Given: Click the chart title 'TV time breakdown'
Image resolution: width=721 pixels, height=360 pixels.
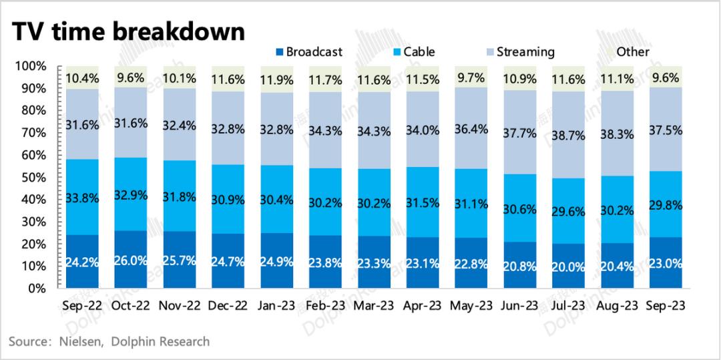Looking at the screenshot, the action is pos(128,33).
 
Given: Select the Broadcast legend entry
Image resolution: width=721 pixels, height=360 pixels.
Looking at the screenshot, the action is pos(308,52).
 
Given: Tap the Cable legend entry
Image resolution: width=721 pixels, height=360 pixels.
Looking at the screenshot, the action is pos(413,52).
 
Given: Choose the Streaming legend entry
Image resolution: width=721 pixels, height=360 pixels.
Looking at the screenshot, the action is pos(520,52).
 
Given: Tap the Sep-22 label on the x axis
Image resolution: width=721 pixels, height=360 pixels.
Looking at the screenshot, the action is pos(82,306).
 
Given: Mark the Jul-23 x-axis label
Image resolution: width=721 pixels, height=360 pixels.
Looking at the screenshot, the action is pos(568,306).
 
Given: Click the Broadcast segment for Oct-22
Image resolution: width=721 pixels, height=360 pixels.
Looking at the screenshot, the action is pos(131,259).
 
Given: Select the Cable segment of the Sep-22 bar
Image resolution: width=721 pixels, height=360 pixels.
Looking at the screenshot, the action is pos(82,197).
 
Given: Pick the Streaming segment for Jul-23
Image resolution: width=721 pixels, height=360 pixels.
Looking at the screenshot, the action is pos(568,135).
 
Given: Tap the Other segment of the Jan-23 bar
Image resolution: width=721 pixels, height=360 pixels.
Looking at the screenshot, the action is pos(277,79).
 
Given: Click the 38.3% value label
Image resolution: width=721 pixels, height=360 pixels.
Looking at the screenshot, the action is pos(617,134).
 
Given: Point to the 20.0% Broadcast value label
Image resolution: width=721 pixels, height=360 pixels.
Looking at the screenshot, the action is pos(568,266).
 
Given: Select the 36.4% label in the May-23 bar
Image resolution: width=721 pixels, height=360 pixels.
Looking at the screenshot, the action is pos(471,130).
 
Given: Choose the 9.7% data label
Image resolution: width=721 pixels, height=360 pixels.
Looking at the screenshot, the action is pos(471,79).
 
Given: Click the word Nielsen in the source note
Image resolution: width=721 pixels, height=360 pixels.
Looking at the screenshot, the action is pos(77,341).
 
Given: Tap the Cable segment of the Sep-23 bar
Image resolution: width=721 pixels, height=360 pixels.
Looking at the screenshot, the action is pos(666,204).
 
